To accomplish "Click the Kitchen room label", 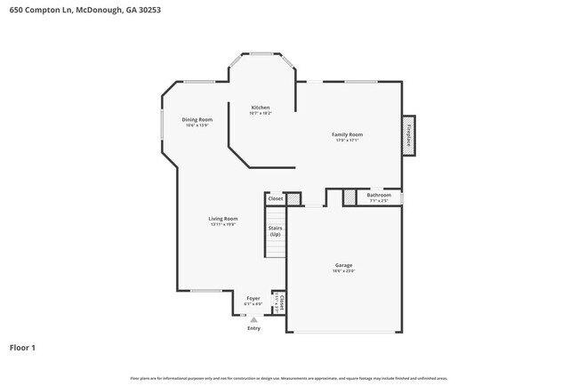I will point(260,108).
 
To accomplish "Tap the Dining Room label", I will point(197,119).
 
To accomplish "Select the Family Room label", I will point(348,134).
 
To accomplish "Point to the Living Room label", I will point(222,218).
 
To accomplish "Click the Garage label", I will point(343,265).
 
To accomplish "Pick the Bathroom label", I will point(379,195).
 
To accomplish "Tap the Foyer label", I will point(253,299).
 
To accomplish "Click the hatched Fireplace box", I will point(408,135).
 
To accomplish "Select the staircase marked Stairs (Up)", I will point(275,233).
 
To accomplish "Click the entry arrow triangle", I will point(253,320).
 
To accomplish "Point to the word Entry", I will point(254,327).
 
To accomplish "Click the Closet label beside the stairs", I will point(275,198).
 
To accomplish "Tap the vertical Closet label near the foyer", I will point(282,302).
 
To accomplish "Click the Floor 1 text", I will point(22,348).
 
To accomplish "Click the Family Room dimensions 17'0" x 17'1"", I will point(348,141).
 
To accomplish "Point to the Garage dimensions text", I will point(343,271).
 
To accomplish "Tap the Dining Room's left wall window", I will point(161,124).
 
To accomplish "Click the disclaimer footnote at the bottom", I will point(289,378).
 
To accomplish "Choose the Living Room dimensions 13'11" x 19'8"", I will point(222,224).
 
